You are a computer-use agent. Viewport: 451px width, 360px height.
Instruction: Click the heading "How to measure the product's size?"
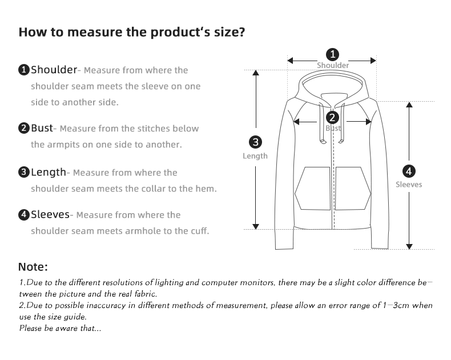pos(132,32)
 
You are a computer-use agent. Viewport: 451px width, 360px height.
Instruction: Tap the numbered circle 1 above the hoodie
pos(332,55)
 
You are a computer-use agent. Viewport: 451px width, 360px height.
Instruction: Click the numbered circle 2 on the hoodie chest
pos(332,118)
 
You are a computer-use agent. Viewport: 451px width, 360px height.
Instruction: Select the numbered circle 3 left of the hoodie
pos(256,142)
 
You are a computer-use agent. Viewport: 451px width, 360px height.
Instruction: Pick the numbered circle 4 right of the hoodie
pos(409,171)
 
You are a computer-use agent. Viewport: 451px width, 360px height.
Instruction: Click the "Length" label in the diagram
pos(255,156)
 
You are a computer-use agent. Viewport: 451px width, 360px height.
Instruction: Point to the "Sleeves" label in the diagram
pos(409,185)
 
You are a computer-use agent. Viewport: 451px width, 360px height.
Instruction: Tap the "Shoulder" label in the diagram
pos(333,66)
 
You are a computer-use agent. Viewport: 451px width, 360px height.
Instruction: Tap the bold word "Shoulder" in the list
pos(54,70)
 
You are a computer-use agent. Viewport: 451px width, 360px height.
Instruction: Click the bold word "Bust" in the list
pos(42,128)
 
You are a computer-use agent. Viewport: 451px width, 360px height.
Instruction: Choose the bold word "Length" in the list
pos(49,172)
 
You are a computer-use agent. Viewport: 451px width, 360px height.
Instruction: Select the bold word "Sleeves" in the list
pos(50,215)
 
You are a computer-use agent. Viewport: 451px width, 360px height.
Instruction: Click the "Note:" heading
pos(33,267)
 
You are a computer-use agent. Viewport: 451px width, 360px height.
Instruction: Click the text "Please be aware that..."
pos(61,328)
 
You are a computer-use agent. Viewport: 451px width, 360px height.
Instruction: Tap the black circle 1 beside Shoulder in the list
pos(24,70)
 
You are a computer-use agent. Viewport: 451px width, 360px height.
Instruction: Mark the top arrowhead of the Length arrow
pos(256,73)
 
